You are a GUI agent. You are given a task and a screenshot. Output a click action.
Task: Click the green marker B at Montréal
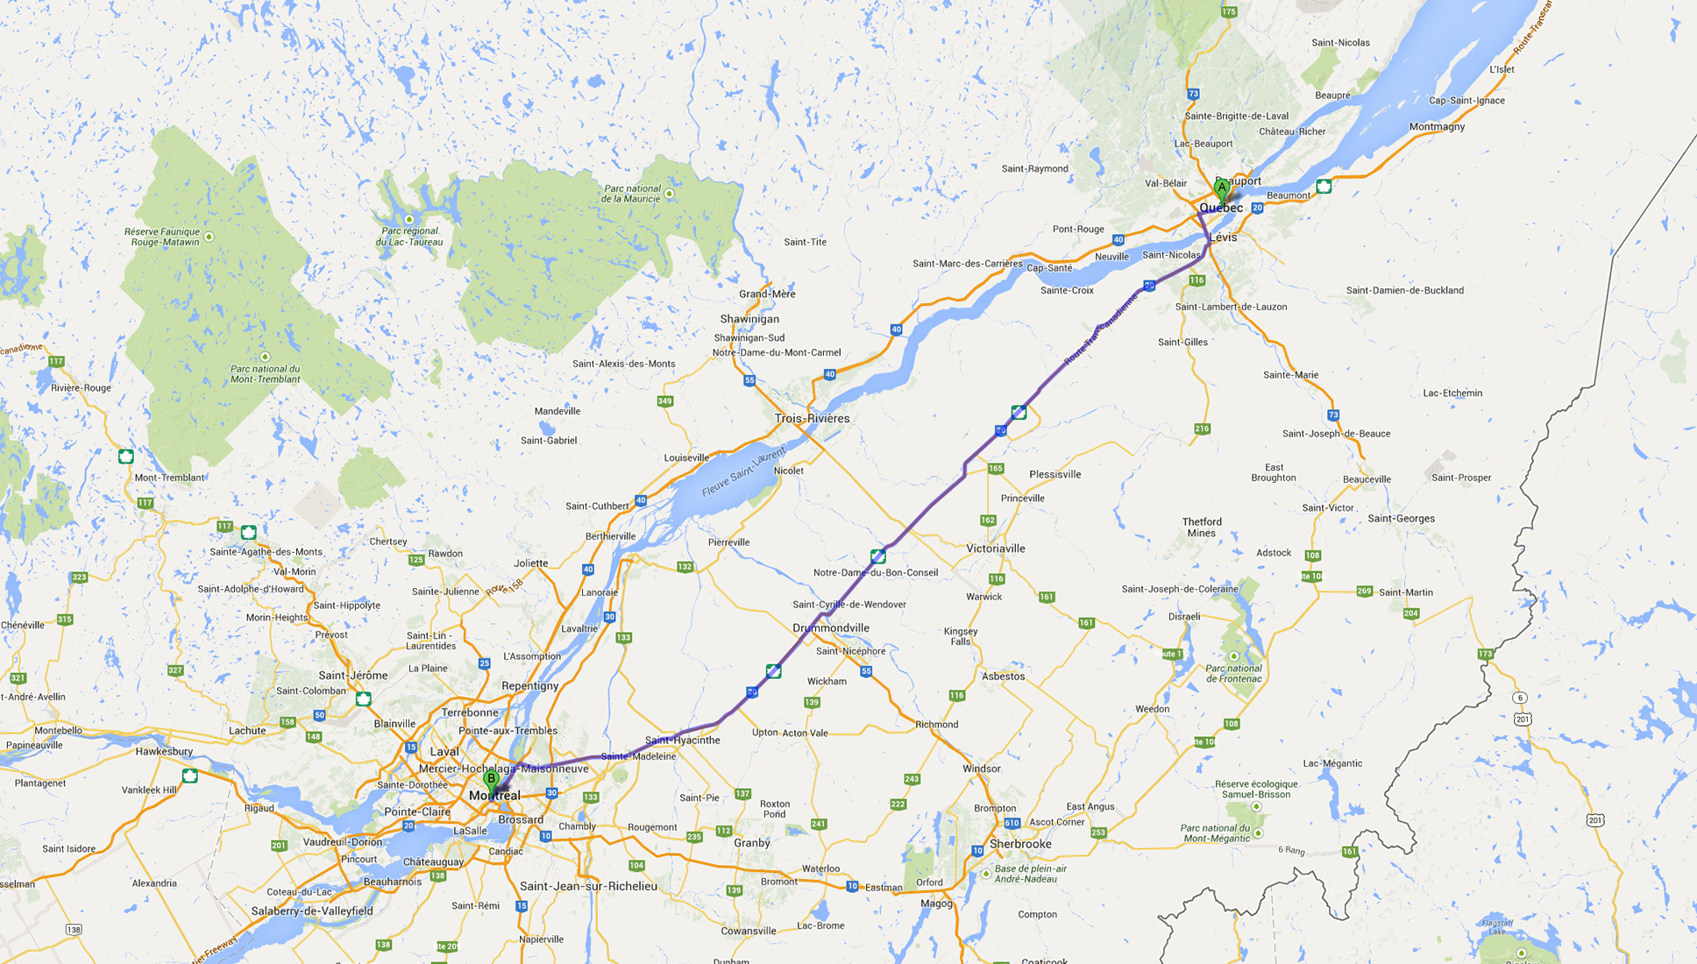point(491,779)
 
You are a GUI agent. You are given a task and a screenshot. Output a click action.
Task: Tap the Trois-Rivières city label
point(812,419)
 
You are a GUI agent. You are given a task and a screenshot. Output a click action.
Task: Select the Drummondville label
point(831,628)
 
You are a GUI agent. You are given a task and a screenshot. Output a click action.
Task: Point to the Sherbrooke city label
point(1020,844)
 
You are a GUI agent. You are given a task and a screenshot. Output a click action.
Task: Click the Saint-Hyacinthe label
point(682,741)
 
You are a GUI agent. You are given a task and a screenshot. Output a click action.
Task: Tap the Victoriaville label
point(996,549)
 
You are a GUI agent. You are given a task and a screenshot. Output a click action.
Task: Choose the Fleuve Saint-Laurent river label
point(743,472)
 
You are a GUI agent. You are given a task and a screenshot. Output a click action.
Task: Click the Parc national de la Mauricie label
point(631,194)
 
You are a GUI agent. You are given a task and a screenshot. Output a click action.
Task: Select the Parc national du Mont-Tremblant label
point(265,374)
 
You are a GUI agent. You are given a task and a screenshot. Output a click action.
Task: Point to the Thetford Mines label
point(1202,527)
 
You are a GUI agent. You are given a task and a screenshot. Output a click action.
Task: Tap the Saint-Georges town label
point(1401,519)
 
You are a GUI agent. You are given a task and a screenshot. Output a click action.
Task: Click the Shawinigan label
point(749,319)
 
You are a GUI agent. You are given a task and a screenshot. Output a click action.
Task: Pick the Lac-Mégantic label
point(1332,763)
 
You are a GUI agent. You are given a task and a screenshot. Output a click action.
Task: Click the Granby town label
point(752,843)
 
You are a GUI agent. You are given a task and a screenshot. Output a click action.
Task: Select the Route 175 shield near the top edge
point(1229,11)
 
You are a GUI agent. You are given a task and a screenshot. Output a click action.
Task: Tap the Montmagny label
point(1437,127)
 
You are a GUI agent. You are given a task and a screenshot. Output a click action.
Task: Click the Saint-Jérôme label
point(353,676)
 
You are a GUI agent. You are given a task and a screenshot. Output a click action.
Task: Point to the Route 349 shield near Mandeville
point(664,401)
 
